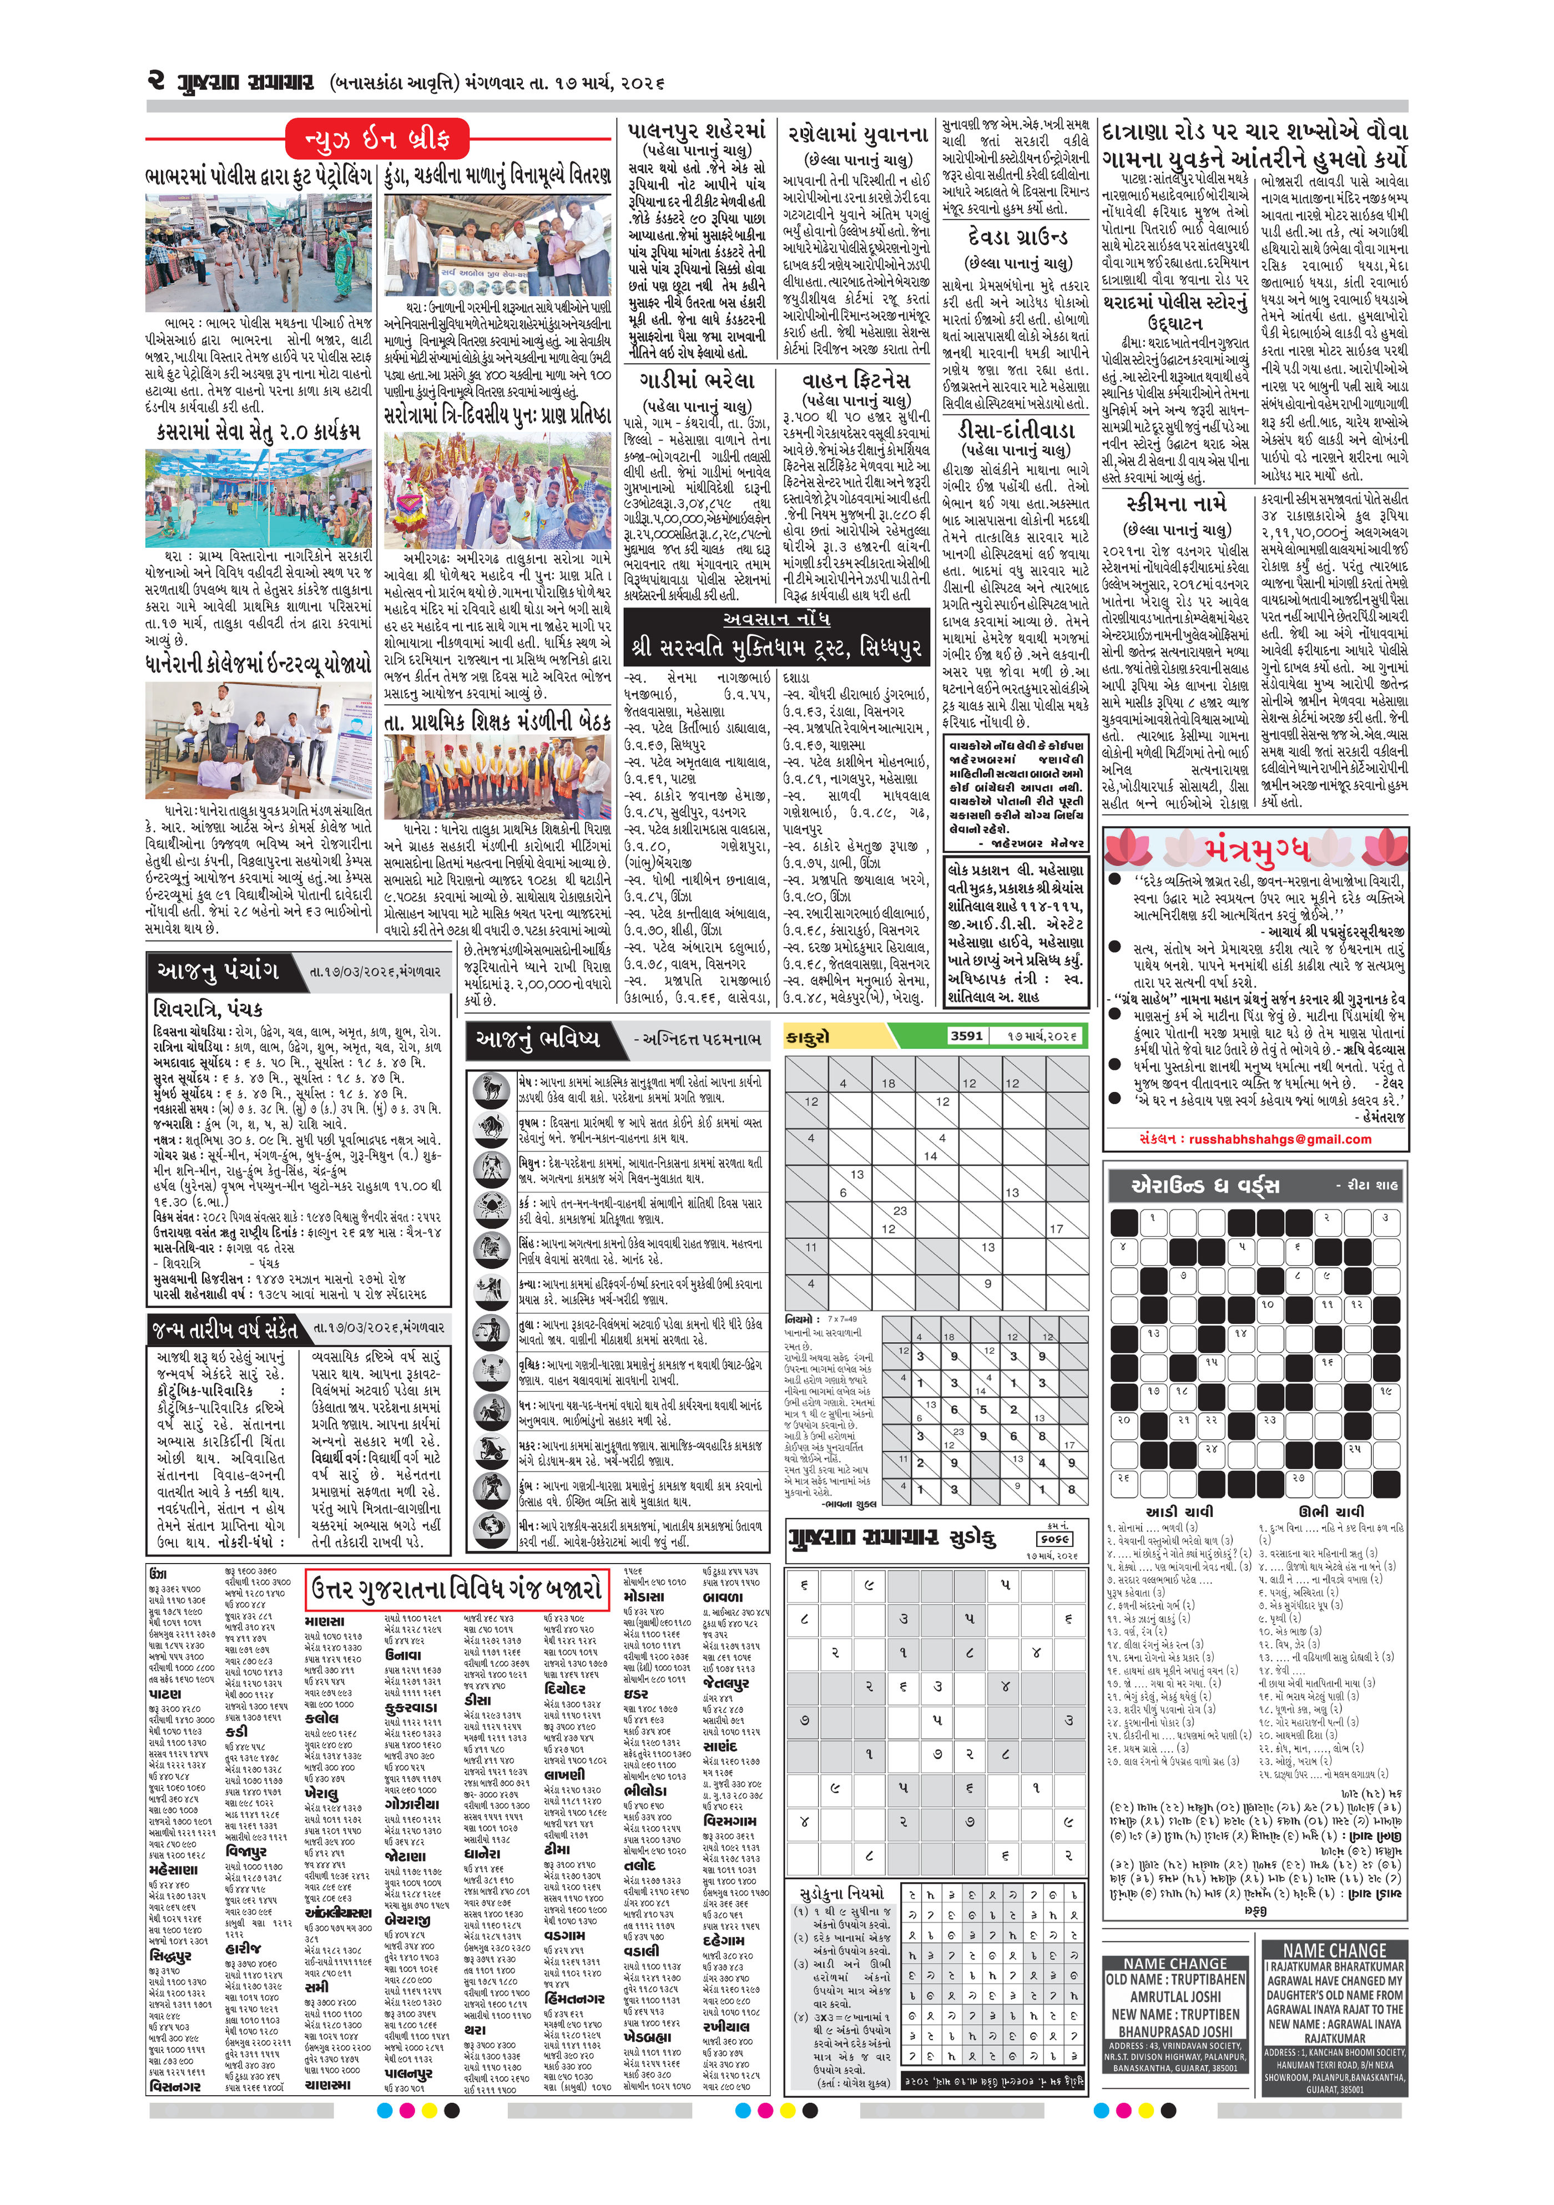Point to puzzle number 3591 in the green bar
tap(965, 1035)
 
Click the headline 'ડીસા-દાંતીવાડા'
tap(1014, 429)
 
